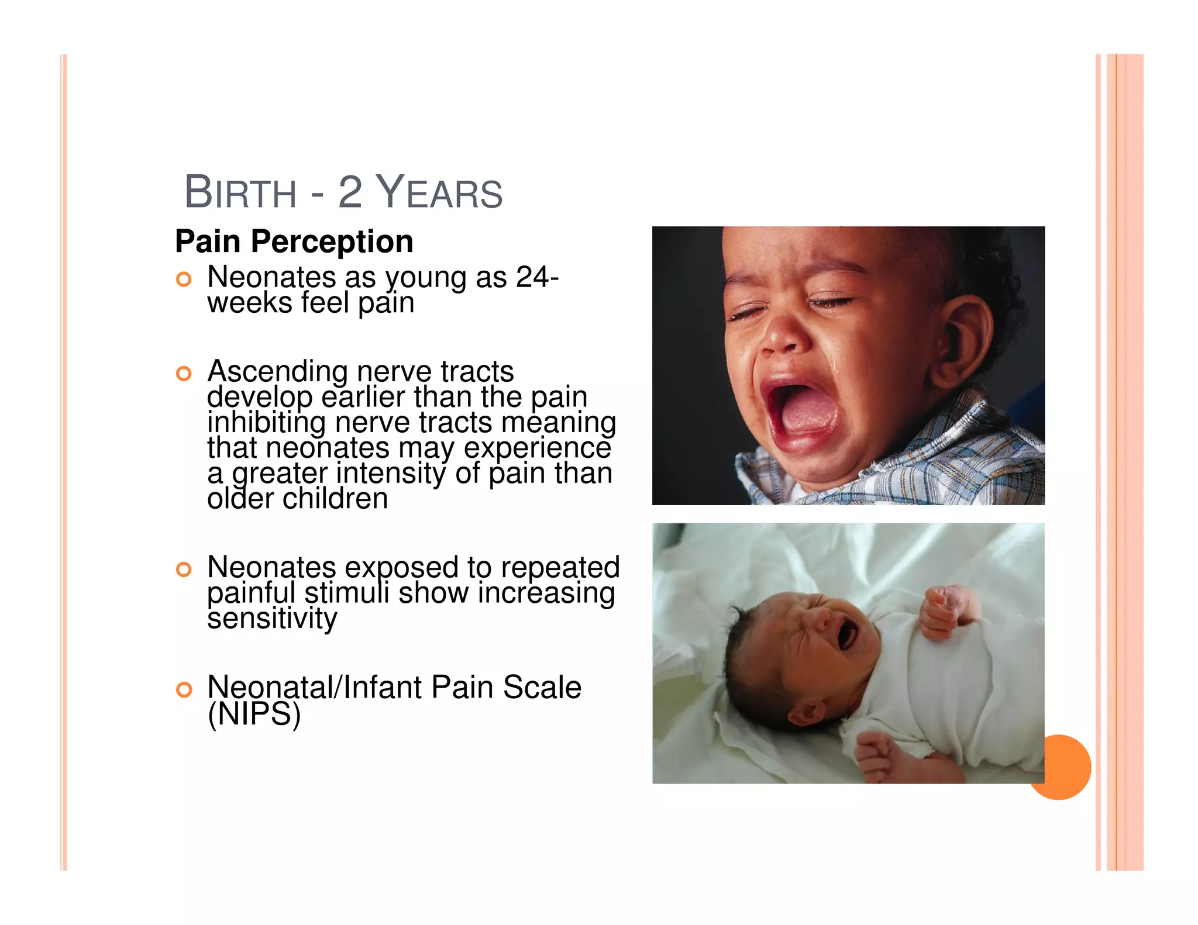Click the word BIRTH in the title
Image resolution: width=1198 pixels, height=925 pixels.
(x=240, y=193)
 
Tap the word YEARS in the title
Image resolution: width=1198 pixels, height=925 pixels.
(x=439, y=193)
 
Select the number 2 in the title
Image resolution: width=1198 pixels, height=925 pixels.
(x=350, y=193)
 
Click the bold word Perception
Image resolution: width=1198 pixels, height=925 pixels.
(x=332, y=241)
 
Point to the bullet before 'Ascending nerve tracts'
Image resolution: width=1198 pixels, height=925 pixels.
(x=184, y=374)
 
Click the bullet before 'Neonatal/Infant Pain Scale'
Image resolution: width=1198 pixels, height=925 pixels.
(x=184, y=690)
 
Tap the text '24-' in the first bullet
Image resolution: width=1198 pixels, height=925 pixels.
(x=537, y=277)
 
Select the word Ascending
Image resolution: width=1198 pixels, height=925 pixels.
(x=278, y=372)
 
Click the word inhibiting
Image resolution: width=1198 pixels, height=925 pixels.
(x=267, y=423)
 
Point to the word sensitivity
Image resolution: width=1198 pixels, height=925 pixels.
(x=272, y=619)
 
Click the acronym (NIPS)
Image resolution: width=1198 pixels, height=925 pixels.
(x=254, y=714)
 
